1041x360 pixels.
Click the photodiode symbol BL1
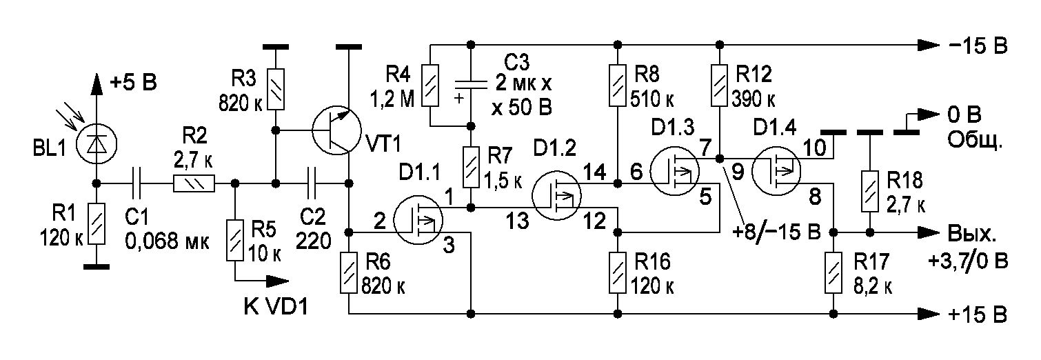(x=97, y=144)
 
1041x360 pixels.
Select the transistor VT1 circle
(x=336, y=131)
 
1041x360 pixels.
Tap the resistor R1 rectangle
(x=97, y=223)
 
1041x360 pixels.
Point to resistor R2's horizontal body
(x=194, y=183)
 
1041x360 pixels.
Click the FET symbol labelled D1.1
(x=418, y=219)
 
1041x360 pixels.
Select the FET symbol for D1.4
(x=776, y=171)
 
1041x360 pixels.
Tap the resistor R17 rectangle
(x=833, y=272)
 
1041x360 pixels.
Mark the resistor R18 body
(x=870, y=192)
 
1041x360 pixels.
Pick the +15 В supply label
(x=978, y=314)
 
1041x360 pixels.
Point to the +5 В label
(x=133, y=83)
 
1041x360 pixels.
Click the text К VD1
(x=276, y=306)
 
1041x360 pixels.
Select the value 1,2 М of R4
(x=392, y=99)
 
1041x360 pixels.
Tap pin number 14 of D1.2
(x=594, y=172)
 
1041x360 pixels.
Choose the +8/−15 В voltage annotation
(x=776, y=231)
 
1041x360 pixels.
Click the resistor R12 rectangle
(x=719, y=86)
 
